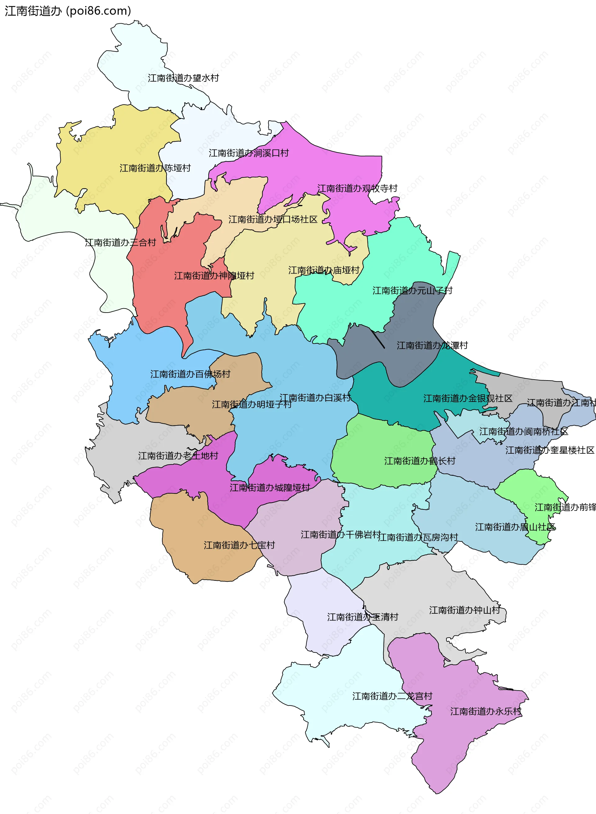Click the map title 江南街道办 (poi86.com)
68,11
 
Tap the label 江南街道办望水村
183,78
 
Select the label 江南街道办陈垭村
155,168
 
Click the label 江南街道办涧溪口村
249,153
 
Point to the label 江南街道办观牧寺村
357,188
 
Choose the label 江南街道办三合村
120,242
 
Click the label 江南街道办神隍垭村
214,276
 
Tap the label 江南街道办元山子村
412,291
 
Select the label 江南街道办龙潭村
432,345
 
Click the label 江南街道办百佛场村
190,374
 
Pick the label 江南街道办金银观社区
467,398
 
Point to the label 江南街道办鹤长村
420,461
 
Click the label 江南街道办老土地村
178,456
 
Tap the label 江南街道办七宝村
239,545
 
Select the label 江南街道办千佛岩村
341,535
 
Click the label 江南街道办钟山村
464,610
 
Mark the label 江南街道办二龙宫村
392,696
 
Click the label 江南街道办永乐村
485,711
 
